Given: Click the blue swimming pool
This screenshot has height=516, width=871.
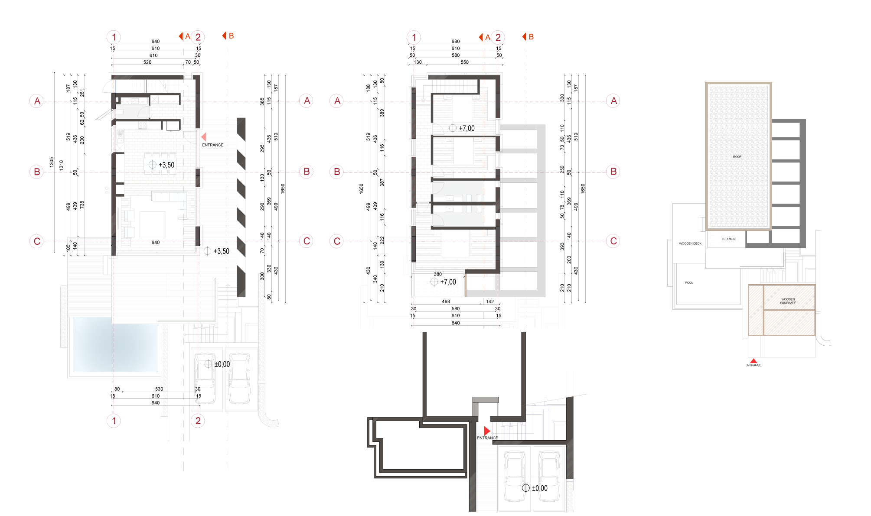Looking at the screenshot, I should (x=115, y=344).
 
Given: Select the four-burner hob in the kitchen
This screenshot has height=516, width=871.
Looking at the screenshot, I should (x=143, y=125).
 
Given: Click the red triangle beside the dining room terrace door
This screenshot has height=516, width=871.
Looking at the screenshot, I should (x=203, y=137).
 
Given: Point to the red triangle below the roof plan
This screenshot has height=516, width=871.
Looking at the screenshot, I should (x=754, y=360).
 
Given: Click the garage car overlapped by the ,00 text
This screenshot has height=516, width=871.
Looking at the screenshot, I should (x=549, y=476).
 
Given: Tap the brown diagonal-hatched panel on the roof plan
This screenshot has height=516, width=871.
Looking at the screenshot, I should (x=782, y=309).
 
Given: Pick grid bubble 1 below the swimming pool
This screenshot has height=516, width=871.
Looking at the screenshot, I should (x=114, y=420).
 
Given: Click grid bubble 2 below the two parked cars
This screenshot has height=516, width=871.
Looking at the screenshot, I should (x=198, y=420).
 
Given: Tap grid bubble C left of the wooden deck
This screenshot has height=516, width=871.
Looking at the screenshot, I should (x=37, y=241).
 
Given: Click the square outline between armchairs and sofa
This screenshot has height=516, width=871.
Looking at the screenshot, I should (x=153, y=224).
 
